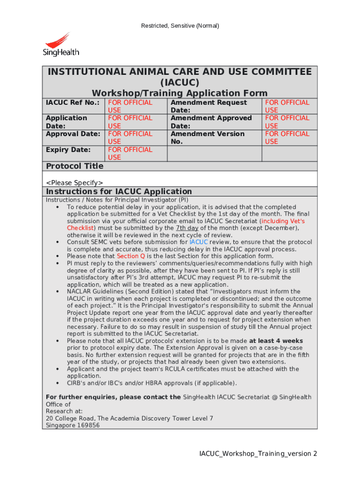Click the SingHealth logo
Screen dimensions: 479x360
(x=61, y=45)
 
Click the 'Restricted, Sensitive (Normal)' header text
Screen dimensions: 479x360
(x=180, y=26)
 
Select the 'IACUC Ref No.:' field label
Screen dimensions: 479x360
(x=72, y=102)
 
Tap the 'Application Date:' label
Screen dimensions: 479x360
(x=66, y=122)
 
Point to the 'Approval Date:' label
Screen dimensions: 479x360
(x=73, y=134)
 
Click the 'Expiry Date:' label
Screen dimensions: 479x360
(x=68, y=150)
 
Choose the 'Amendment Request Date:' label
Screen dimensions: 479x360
(x=209, y=106)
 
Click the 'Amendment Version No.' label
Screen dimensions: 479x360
(x=207, y=138)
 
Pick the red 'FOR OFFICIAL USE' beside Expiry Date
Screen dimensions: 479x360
(x=130, y=153)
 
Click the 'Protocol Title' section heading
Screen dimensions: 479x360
(x=75, y=166)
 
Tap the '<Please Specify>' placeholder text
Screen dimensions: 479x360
(x=74, y=182)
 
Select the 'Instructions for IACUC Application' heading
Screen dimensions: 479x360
(x=119, y=191)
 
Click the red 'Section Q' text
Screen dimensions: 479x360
(x=128, y=256)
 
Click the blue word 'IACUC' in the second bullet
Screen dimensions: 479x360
(x=199, y=242)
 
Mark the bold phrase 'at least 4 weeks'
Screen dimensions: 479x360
(x=276, y=341)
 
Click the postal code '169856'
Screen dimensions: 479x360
(x=88, y=425)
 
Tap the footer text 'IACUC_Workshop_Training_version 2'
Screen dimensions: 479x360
(x=258, y=454)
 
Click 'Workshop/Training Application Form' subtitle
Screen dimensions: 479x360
(x=180, y=93)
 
